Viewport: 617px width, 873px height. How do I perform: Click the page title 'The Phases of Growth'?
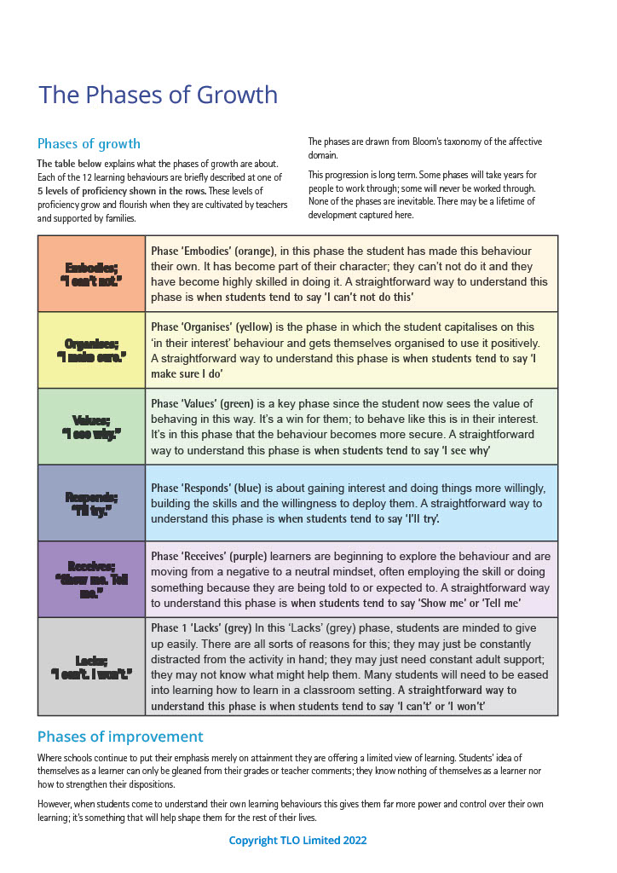tap(158, 95)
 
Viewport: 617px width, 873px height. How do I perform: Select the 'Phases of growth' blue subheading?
tap(89, 143)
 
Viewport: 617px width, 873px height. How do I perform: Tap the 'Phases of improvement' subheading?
tap(120, 737)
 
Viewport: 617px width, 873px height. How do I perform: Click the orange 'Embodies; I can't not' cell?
tap(91, 274)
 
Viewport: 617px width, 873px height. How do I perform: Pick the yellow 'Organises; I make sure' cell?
tap(91, 350)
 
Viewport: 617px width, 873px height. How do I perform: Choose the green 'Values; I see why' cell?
tap(91, 426)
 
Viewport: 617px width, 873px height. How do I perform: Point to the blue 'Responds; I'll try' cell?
tap(91, 503)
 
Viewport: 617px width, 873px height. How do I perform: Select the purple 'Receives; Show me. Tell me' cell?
tap(91, 579)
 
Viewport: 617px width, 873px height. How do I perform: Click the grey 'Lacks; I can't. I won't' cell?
tap(91, 667)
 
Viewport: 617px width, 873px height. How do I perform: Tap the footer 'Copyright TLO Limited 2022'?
tap(297, 841)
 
